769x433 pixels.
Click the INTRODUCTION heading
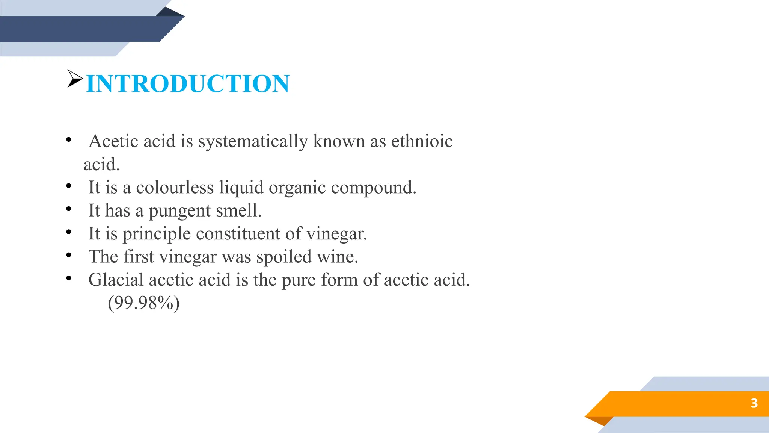188,83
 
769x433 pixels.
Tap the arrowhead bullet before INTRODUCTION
75,78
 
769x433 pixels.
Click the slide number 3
754,403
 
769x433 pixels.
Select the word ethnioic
422,141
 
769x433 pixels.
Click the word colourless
175,187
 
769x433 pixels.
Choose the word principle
157,234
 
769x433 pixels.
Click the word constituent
238,233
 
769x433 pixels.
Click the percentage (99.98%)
143,303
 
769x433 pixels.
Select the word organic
297,188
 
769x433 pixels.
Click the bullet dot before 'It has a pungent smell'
68,209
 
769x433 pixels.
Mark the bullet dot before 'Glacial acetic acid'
68,279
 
